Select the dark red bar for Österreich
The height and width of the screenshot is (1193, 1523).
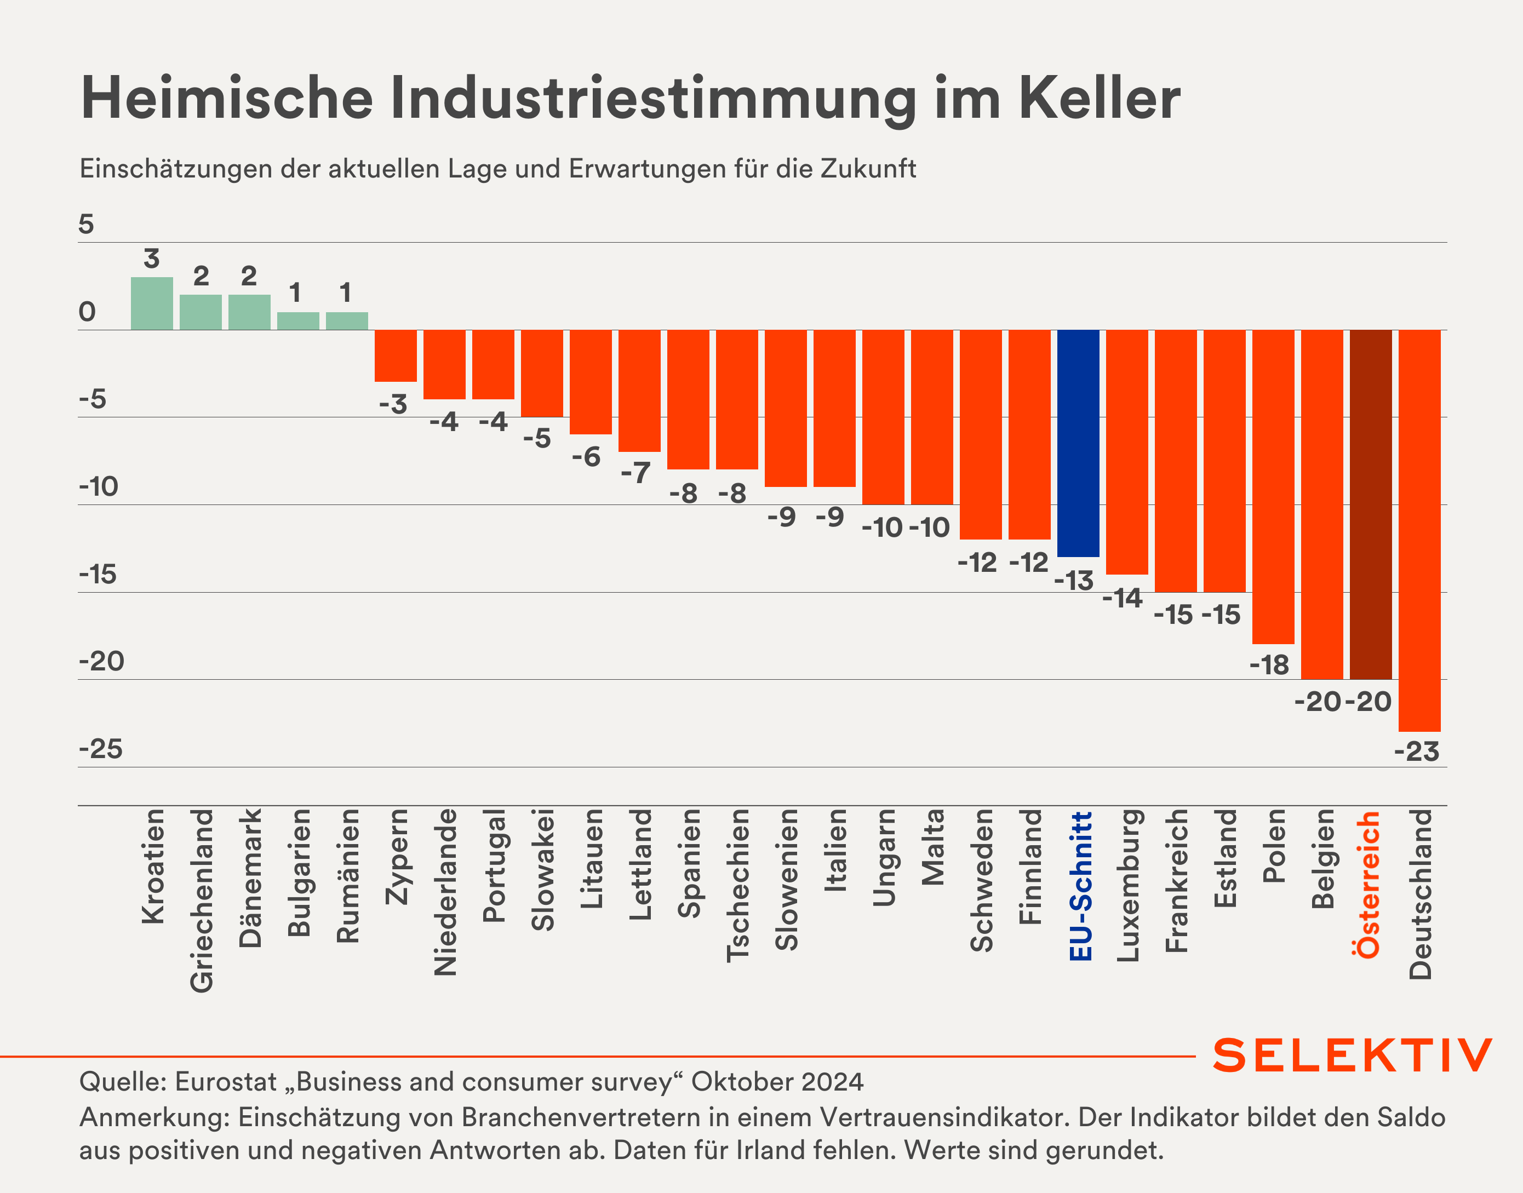tap(1371, 504)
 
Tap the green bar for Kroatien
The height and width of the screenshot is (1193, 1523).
tap(152, 304)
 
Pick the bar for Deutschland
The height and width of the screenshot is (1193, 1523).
tap(1419, 531)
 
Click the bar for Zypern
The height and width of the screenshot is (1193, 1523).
tap(396, 355)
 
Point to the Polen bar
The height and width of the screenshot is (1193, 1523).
tap(1273, 487)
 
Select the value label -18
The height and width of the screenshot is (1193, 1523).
tap(1269, 665)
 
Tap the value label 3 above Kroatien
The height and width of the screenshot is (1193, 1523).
tap(152, 259)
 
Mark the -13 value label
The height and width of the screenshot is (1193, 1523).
tap(1074, 581)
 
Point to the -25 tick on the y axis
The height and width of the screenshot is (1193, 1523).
tap(101, 749)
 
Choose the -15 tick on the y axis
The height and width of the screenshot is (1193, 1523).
tap(98, 575)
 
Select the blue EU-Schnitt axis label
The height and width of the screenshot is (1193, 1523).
tap(1080, 886)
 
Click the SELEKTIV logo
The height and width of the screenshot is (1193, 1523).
tap(1353, 1056)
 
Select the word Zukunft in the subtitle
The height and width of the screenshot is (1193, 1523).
tap(868, 169)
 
